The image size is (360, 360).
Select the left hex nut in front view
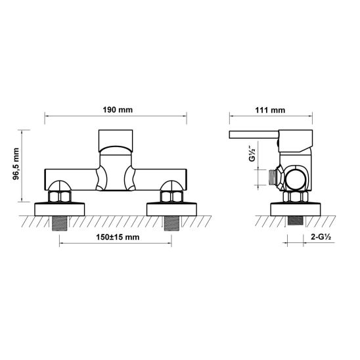coord(61,196)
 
